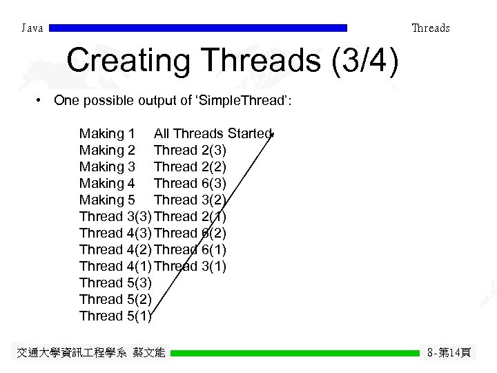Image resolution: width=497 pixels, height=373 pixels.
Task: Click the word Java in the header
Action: (32, 28)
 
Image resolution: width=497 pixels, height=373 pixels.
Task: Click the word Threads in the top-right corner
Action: (430, 28)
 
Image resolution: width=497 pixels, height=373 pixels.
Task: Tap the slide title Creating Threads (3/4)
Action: (233, 61)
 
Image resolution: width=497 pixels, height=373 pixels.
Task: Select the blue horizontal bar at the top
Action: (198, 28)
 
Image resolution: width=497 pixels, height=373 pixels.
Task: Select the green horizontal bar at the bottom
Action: (295, 353)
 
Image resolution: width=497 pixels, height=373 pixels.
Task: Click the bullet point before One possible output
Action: (41, 101)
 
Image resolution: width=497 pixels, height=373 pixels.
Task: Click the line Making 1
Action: (107, 133)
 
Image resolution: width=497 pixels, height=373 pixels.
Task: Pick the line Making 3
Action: (107, 166)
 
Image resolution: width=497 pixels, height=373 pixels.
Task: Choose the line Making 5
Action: (107, 200)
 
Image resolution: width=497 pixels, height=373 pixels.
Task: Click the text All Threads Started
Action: (213, 133)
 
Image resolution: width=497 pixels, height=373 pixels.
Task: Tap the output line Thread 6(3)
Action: (190, 183)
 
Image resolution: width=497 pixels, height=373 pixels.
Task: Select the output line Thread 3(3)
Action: (115, 216)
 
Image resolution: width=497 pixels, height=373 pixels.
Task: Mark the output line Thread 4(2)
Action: (115, 249)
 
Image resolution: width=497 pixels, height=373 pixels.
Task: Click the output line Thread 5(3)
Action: (115, 283)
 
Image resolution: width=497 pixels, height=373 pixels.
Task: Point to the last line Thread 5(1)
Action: (115, 316)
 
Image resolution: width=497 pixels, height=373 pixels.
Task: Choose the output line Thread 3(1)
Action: (190, 266)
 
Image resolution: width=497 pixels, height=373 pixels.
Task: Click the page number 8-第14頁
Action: (449, 353)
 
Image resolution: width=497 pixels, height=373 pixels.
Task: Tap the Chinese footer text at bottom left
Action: (90, 353)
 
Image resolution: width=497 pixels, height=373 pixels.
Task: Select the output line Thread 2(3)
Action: (190, 150)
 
